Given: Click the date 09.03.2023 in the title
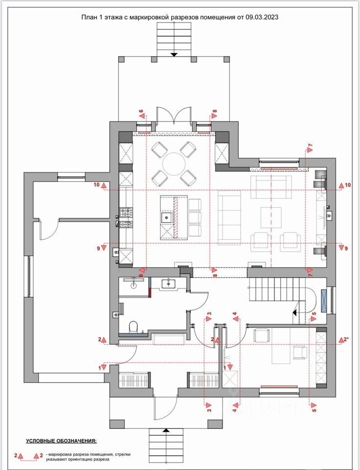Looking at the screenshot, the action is [262, 17].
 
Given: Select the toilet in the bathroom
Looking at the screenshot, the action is [133, 327].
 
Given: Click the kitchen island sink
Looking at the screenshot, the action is [167, 217].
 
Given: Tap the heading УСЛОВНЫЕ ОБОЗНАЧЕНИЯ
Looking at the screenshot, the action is [62, 441].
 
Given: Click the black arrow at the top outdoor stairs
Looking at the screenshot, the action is [174, 54].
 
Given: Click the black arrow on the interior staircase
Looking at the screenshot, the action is [295, 313].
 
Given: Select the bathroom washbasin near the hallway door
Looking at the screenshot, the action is [169, 283].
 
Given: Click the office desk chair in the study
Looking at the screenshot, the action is [300, 352].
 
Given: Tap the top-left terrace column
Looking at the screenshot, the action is [122, 59].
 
